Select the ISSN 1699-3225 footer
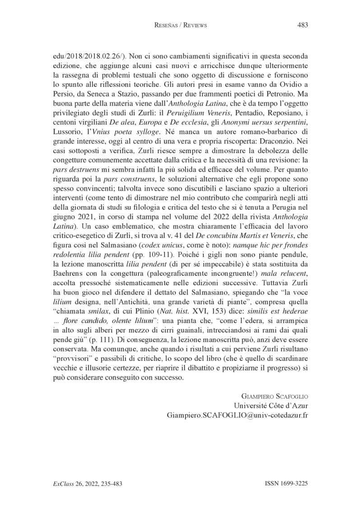pos(286,483)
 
